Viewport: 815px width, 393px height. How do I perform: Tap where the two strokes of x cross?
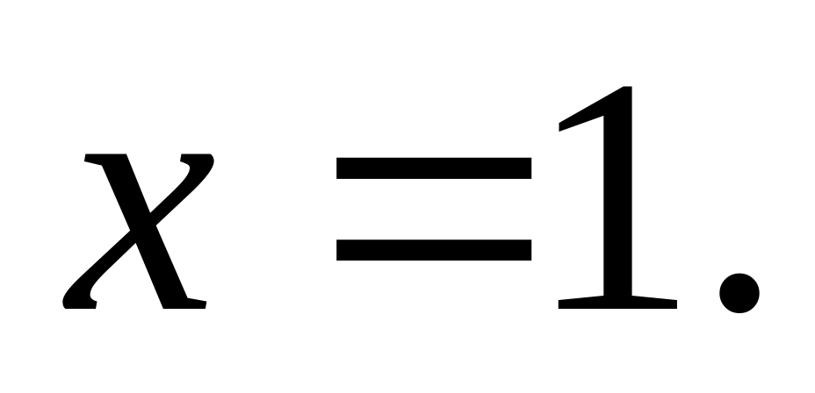pos(141,230)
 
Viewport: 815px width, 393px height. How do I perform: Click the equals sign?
pos(434,210)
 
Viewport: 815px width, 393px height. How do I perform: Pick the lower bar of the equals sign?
pos(434,252)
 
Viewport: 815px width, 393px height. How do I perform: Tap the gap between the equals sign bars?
pos(434,210)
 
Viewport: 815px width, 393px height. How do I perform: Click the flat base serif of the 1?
pos(617,303)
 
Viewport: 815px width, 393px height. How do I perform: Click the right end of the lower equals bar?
pos(528,252)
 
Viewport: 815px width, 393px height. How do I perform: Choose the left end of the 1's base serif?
pos(562,304)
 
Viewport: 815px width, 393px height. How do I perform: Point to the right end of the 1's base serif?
pos(674,304)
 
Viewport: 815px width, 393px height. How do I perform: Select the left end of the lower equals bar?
pos(341,252)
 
